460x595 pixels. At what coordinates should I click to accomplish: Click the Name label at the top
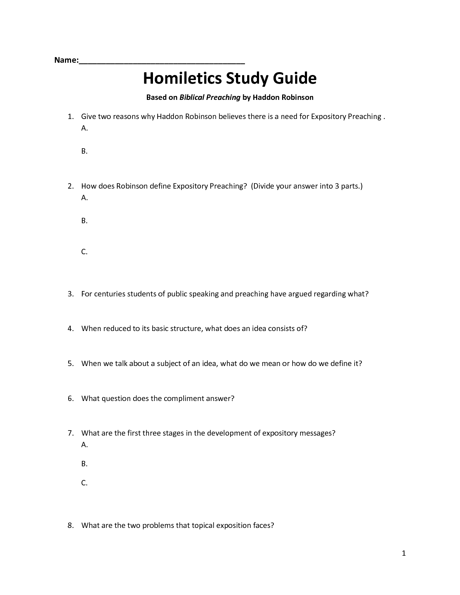(66, 60)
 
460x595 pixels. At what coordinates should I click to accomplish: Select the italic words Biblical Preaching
(210, 97)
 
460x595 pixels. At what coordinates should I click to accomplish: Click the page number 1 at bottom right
(404, 553)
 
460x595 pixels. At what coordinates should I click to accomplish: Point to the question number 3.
(70, 294)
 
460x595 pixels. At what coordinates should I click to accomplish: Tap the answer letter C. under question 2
(84, 252)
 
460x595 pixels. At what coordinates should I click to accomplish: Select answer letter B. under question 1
(84, 151)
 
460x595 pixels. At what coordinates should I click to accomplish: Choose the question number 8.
(70, 525)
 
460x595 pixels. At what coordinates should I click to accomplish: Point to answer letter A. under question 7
(84, 445)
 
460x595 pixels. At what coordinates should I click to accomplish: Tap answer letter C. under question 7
(84, 483)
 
